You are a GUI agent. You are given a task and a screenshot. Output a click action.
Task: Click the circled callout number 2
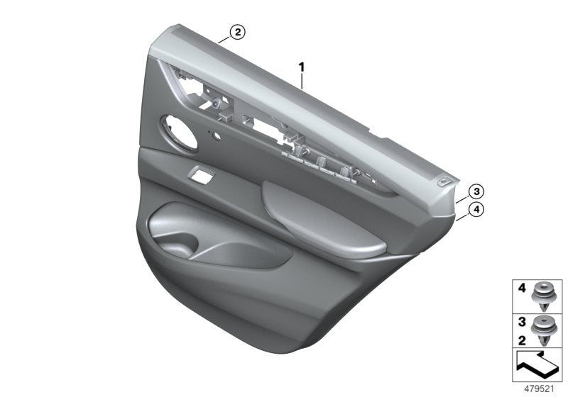pos(237,32)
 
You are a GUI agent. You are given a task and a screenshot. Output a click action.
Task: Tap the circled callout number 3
pos(477,191)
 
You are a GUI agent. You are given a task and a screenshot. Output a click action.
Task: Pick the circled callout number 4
pos(477,209)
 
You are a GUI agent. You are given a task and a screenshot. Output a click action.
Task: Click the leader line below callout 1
pos(302,79)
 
